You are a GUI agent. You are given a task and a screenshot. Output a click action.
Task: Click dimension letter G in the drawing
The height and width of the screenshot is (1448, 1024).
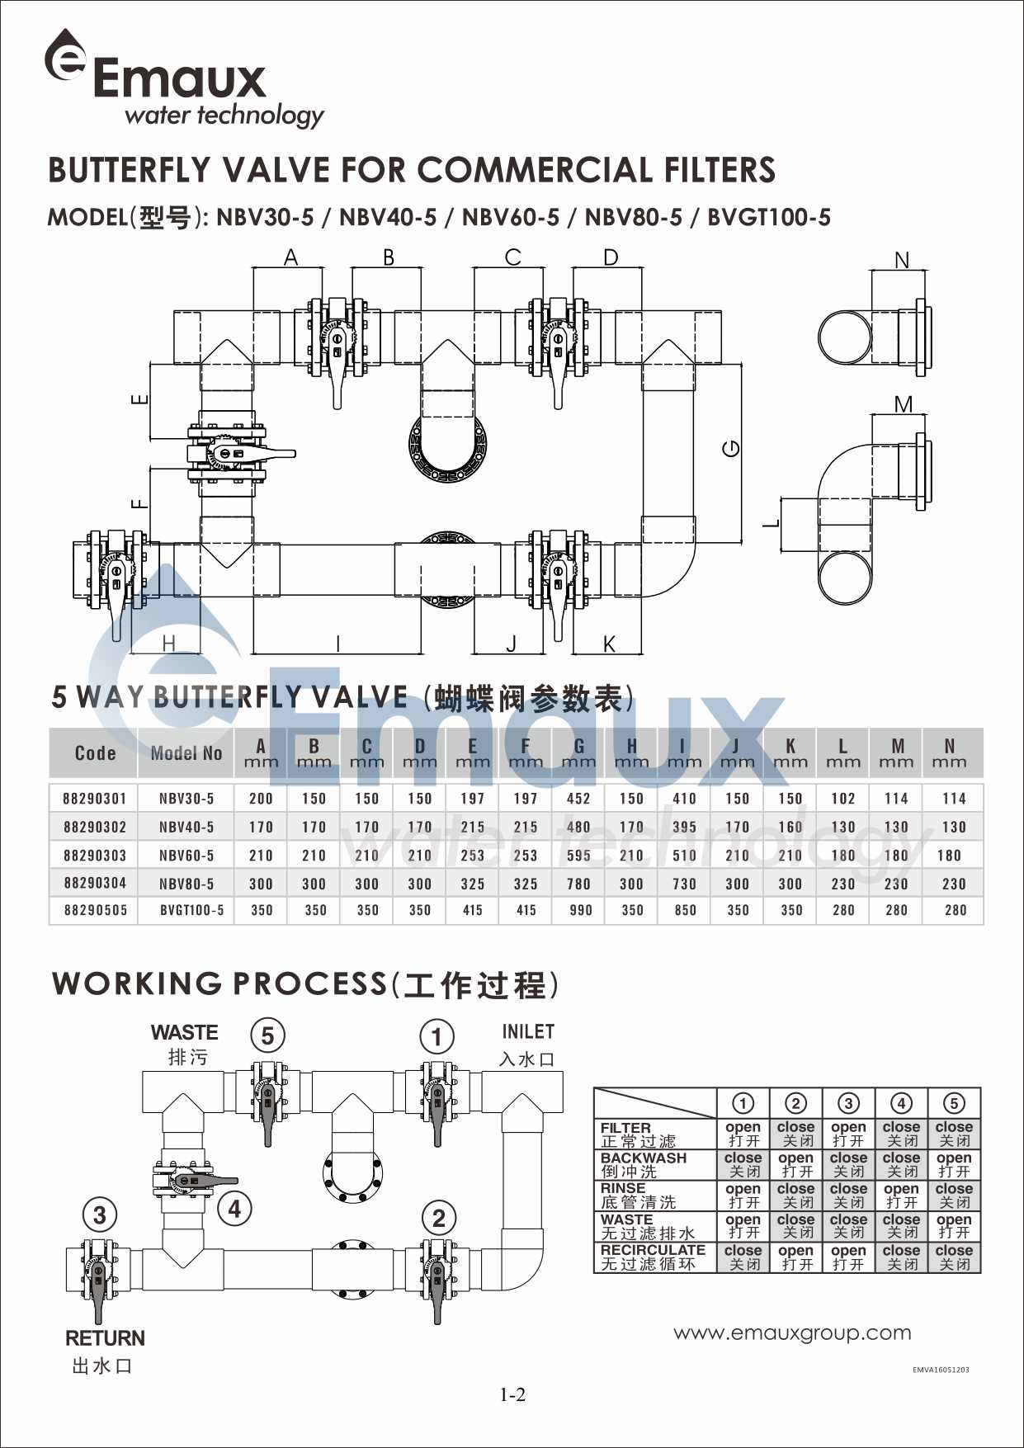(731, 448)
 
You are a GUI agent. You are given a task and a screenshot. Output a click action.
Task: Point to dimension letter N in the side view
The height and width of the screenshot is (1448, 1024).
(901, 260)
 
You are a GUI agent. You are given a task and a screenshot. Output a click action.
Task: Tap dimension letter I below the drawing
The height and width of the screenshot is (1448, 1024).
(337, 644)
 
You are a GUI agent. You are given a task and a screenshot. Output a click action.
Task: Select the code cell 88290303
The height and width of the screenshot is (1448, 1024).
(95, 855)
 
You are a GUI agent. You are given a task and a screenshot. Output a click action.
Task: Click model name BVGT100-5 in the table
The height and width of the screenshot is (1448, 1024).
(191, 910)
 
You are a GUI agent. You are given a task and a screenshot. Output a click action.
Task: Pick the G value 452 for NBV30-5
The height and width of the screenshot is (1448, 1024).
(578, 798)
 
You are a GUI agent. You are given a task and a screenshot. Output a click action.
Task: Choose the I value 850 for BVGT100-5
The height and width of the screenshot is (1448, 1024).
(685, 910)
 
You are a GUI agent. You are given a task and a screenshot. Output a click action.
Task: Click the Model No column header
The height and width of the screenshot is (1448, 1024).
(186, 752)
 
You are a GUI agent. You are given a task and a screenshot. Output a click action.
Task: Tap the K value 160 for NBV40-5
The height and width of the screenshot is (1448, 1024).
(790, 827)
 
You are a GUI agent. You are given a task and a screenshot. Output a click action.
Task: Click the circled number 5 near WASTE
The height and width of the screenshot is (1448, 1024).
(267, 1035)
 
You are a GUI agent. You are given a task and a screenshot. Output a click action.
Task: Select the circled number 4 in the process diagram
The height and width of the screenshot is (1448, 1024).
(235, 1210)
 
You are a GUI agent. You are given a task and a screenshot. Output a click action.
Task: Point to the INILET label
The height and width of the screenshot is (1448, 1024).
(528, 1031)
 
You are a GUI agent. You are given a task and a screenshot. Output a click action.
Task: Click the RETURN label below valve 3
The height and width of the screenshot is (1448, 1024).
(105, 1337)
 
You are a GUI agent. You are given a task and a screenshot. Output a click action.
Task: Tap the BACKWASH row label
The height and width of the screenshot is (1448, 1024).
(644, 1158)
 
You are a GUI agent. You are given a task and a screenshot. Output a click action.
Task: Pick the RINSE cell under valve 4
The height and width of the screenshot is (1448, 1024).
(901, 1196)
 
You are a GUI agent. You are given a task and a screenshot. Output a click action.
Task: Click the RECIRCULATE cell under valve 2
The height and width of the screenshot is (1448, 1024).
(795, 1257)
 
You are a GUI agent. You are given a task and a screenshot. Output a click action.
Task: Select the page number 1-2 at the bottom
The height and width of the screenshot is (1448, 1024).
(512, 1394)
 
